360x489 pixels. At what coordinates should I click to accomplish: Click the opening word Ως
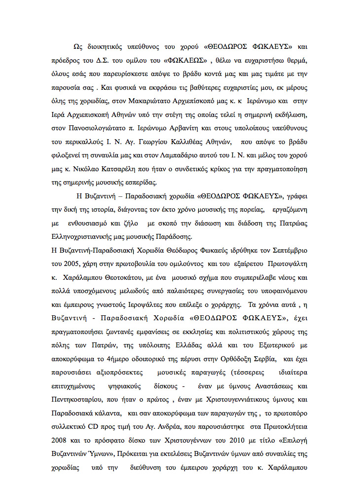(77, 47)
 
